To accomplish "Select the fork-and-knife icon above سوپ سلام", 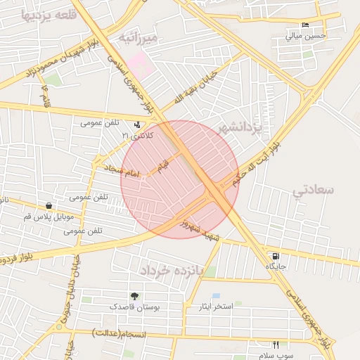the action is coord(276,345).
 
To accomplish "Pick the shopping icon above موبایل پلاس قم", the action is coord(49,205).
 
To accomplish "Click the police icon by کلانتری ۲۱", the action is coord(137,124).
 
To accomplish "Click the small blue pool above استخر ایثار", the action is coord(216,296).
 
